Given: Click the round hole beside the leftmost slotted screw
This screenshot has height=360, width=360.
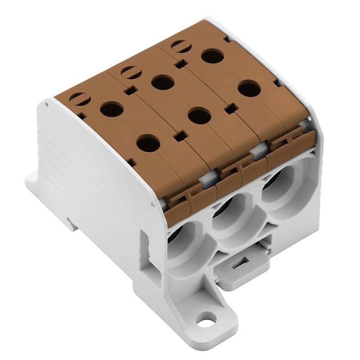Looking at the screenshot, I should point(111,109).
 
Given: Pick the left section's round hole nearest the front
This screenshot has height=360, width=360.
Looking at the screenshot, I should point(148,144).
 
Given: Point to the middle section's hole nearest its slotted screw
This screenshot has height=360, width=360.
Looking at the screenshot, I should point(162,82).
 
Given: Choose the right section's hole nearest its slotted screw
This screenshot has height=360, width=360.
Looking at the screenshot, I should point(212,56).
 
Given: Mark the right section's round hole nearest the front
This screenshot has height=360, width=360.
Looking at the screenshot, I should point(249,89).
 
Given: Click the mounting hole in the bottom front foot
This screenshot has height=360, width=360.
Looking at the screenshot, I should point(207,321).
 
